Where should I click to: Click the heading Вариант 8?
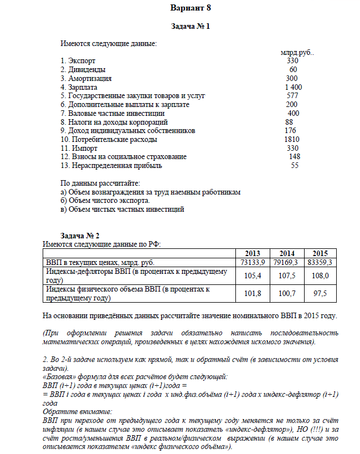[191, 9]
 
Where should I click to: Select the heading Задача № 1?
[192, 26]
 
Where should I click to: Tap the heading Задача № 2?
[79, 235]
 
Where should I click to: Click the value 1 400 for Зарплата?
[293, 87]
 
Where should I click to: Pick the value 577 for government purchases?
[292, 96]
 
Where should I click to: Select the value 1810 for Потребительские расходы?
[291, 139]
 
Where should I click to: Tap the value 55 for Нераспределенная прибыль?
[295, 165]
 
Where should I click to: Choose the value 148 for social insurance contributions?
[294, 157]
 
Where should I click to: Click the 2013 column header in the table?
[252, 253]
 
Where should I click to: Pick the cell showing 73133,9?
[253, 262]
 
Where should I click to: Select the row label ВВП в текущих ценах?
[100, 262]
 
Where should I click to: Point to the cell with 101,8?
[253, 293]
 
